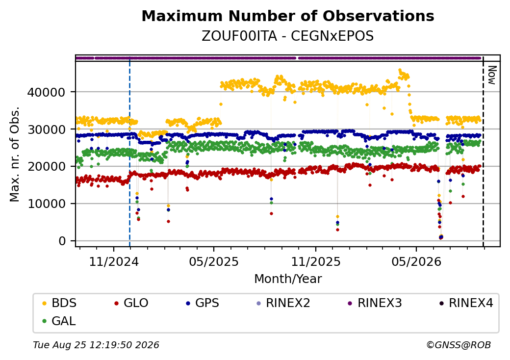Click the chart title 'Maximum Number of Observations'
pos(288,16)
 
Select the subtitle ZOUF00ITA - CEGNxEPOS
pos(288,36)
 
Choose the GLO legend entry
pos(131,303)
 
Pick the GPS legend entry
pos(203,303)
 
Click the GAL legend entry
pos(59,321)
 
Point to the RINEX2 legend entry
pos(283,303)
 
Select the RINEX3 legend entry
pos(375,303)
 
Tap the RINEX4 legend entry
pos(466,303)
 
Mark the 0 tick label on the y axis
pos(62,241)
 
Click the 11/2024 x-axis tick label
pos(114,262)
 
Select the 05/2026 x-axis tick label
pos(416,262)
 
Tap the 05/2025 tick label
pos(214,262)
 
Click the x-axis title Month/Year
pos(288,279)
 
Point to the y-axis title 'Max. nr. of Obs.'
pos(15,154)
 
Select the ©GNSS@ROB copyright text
pos(459,345)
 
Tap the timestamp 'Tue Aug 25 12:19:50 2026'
pos(96,345)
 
